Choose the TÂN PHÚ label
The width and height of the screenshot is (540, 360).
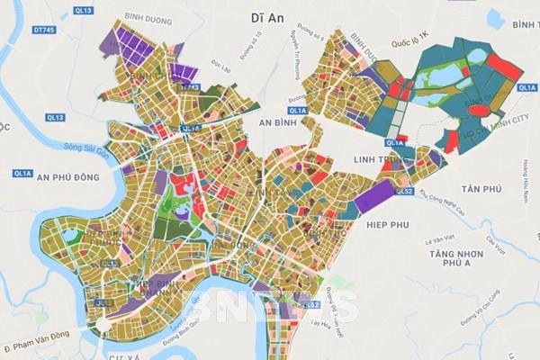click(480, 188)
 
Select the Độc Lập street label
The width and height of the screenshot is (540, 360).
click(217, 67)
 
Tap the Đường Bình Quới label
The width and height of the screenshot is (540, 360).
click(186, 343)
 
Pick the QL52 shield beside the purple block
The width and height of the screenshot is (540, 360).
click(407, 191)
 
